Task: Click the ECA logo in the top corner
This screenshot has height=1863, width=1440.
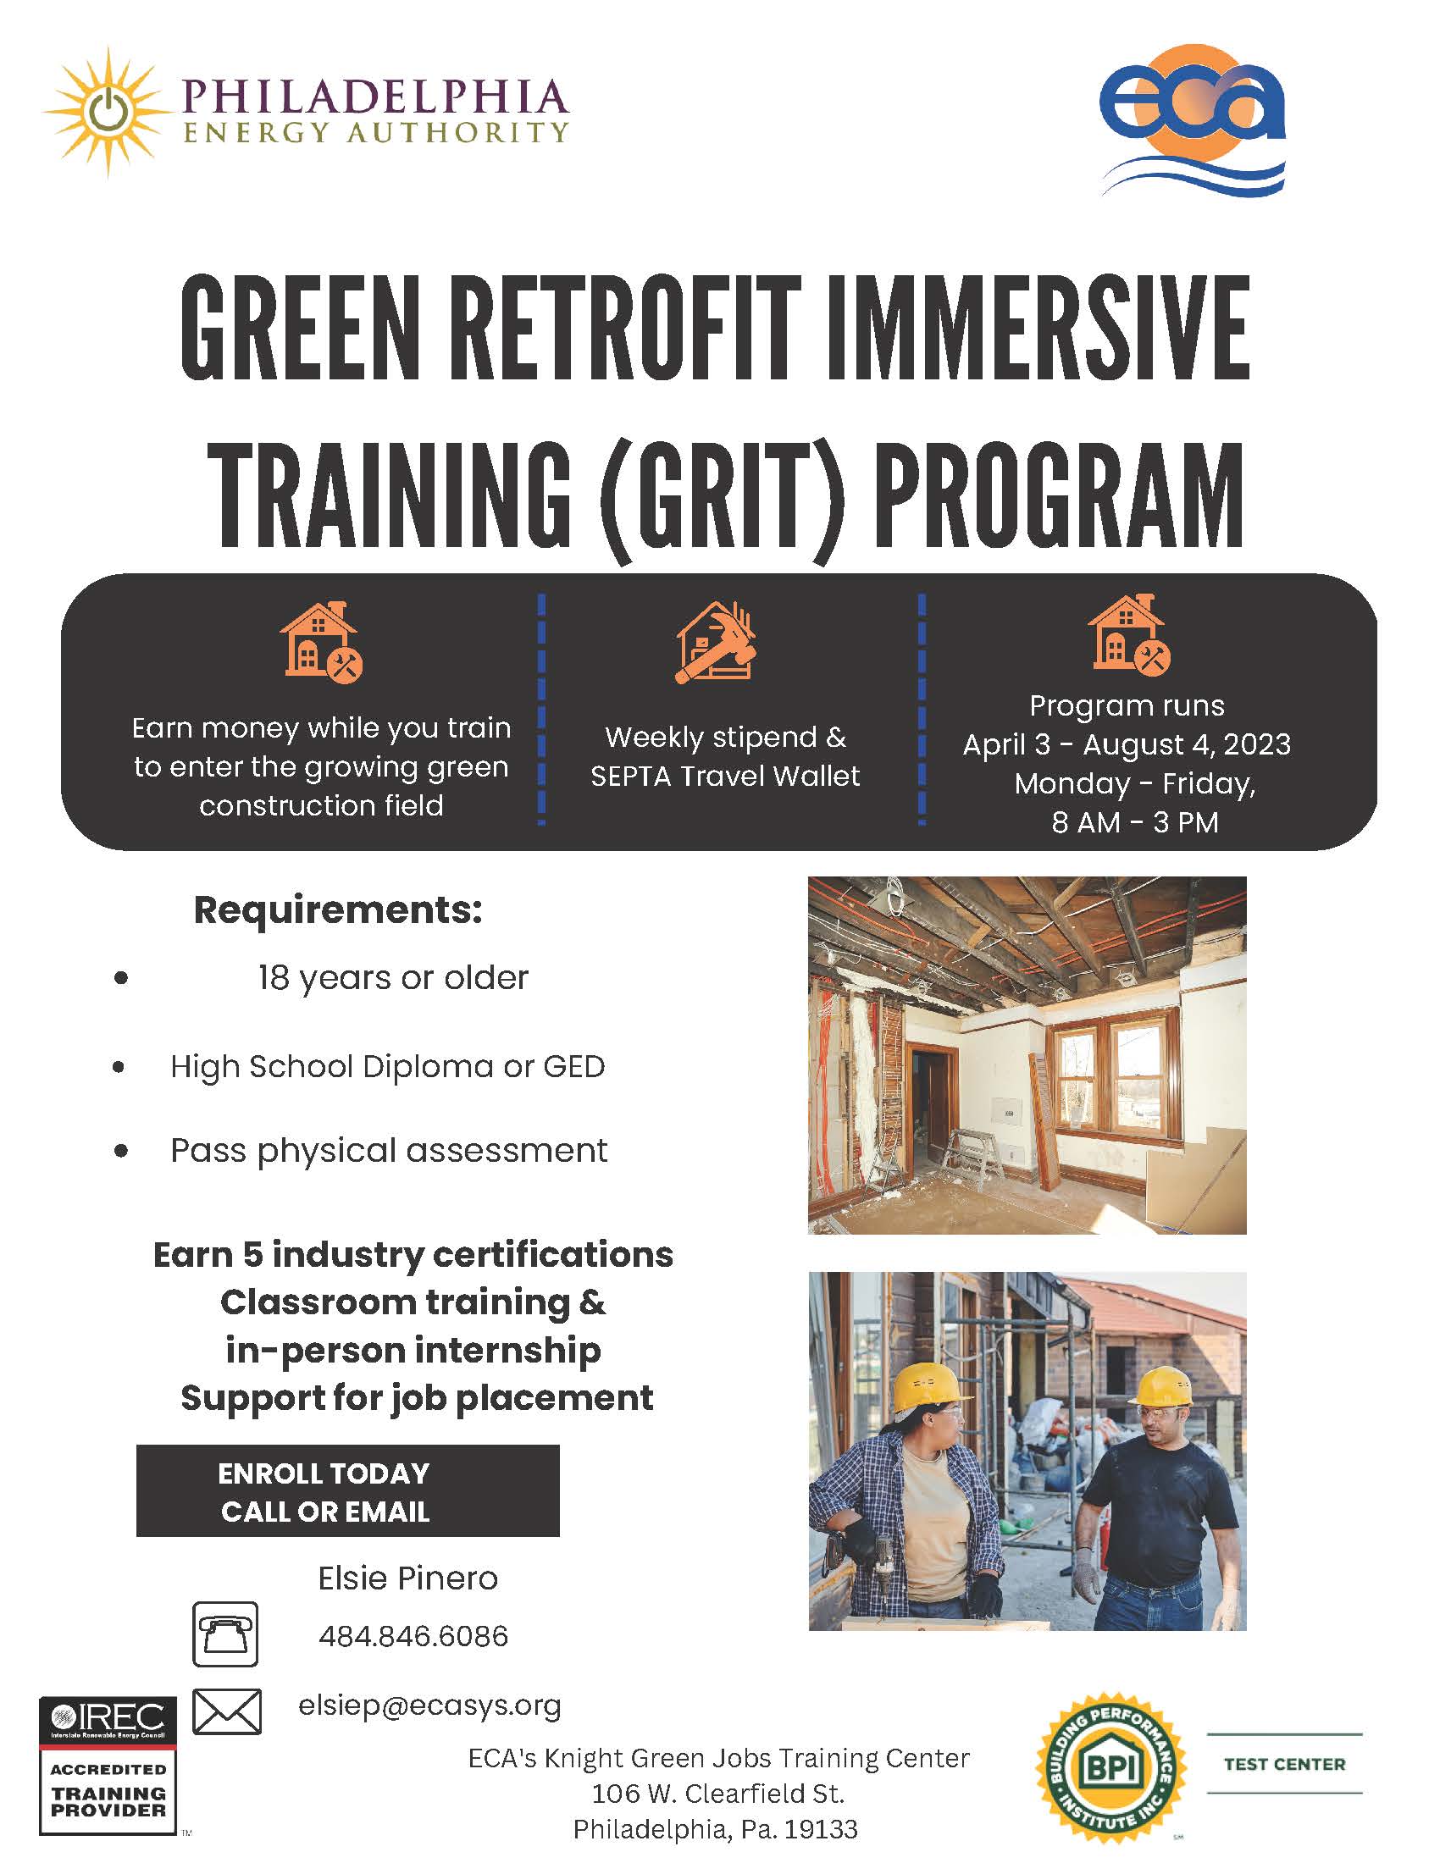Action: (1193, 119)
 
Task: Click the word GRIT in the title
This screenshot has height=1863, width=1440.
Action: (723, 495)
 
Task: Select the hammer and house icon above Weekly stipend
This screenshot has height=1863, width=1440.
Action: (716, 644)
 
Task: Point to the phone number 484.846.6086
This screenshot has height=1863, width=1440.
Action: (413, 1636)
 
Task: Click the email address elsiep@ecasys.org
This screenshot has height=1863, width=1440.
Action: (429, 1705)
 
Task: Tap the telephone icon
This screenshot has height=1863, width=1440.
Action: (225, 1634)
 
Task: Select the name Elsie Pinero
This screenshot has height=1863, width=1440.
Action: (407, 1578)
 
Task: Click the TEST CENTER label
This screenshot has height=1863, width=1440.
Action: (1284, 1764)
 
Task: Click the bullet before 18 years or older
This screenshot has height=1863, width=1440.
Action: (121, 978)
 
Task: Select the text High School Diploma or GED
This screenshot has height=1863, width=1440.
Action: (387, 1066)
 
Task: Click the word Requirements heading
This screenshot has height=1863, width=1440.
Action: (338, 910)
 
